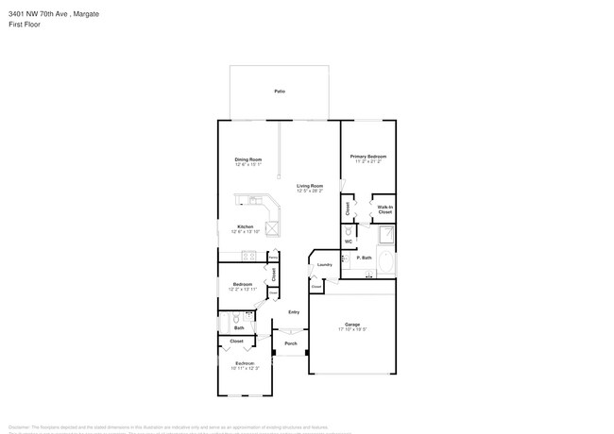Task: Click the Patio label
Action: point(280,91)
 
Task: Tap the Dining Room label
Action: point(248,159)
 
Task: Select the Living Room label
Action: point(310,186)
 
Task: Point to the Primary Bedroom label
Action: point(368,157)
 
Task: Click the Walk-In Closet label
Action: point(384,209)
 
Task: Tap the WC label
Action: point(349,242)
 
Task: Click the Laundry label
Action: point(324,264)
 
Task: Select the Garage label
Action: point(351,325)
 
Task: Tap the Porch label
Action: point(291,343)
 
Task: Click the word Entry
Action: point(294,312)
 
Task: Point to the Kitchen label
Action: point(245,226)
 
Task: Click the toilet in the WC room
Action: point(349,229)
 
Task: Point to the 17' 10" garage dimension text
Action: point(351,330)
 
